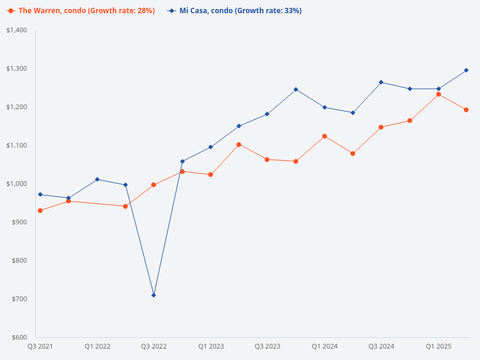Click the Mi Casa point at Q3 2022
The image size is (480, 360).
154,295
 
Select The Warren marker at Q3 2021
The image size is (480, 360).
40,211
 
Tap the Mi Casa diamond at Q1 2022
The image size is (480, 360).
97,179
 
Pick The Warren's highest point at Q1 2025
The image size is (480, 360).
439,94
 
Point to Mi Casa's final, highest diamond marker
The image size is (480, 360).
467,70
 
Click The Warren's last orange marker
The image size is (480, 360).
467,110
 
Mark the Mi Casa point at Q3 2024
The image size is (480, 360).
382,82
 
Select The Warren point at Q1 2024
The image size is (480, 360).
325,136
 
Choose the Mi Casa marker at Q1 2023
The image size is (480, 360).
211,147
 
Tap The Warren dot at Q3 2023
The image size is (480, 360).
268,160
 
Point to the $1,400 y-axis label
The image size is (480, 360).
17,30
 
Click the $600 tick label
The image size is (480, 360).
19,337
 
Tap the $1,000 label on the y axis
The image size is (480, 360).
17,184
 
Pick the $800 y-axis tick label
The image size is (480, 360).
19,260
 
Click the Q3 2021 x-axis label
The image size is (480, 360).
40,347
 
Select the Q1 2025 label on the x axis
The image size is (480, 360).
439,347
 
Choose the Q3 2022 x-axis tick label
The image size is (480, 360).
154,347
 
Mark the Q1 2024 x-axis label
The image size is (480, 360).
325,347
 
